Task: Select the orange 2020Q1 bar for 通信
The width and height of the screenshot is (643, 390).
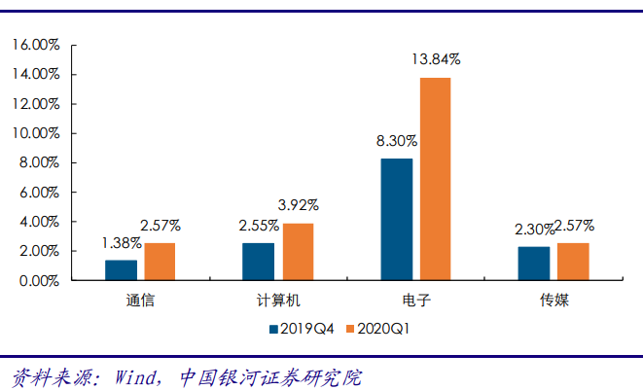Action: [x=160, y=262]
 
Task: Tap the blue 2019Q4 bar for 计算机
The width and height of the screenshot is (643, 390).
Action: [x=258, y=262]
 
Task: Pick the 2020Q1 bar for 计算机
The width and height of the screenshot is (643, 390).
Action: [x=298, y=252]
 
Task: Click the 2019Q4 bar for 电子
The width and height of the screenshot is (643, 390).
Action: [x=396, y=219]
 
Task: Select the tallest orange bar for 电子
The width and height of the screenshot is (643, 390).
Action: [x=435, y=179]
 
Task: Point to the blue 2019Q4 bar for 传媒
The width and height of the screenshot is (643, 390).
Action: [x=534, y=264]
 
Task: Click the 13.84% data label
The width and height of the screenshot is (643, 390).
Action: [x=436, y=59]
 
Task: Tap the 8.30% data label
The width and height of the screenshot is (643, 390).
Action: [x=396, y=141]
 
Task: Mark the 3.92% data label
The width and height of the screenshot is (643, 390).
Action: [x=299, y=205]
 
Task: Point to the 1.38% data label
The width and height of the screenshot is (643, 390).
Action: [x=121, y=243]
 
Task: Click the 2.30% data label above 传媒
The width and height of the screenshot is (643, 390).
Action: [x=534, y=230]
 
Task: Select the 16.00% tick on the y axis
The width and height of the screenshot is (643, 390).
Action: [x=36, y=45]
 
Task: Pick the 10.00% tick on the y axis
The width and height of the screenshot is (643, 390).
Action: [x=36, y=133]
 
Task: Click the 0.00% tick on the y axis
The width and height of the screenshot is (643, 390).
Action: [x=39, y=281]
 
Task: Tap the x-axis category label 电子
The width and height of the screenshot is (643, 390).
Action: [x=415, y=301]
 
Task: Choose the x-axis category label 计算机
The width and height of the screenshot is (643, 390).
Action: [x=277, y=301]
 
